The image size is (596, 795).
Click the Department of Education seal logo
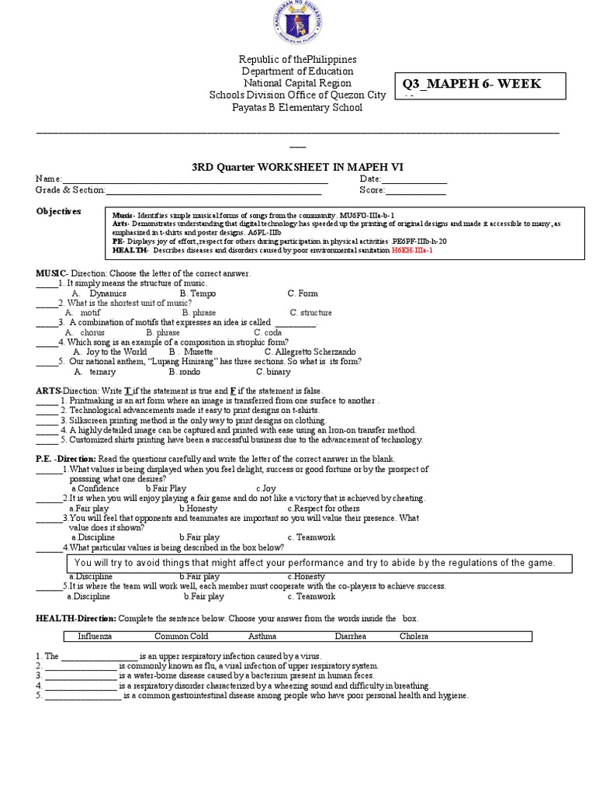click(x=298, y=26)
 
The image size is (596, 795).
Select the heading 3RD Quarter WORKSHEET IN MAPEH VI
click(x=297, y=168)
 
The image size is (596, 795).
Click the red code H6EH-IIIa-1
click(x=412, y=251)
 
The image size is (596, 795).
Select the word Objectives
click(x=59, y=211)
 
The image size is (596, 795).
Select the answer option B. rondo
click(x=184, y=371)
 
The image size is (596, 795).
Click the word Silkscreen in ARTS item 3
click(x=88, y=419)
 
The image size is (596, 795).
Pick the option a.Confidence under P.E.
click(x=95, y=488)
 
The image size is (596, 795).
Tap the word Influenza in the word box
click(x=95, y=637)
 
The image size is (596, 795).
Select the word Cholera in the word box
click(x=414, y=637)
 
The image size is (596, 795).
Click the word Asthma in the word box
click(x=262, y=637)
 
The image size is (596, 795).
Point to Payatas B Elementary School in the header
click(x=298, y=107)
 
